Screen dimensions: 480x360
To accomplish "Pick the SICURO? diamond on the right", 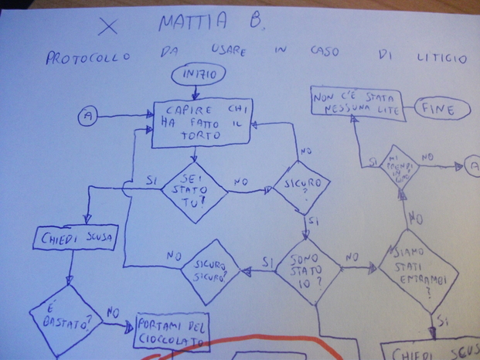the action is click(303, 185).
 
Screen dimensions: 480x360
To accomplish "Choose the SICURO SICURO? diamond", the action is click(212, 270).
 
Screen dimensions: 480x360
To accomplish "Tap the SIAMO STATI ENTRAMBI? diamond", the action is click(418, 271).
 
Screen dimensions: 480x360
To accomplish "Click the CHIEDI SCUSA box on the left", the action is click(75, 238).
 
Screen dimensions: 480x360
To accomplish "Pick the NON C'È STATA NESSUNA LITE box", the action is click(358, 104).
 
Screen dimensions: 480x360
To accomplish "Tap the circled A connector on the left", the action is click(87, 116).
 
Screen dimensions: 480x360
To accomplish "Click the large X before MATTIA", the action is click(109, 26).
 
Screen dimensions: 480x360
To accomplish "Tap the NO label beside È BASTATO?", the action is click(112, 312).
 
